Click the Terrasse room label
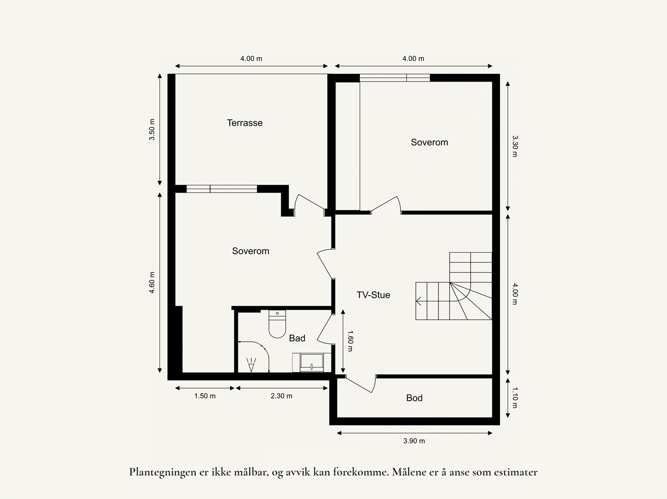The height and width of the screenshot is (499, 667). click(245, 123)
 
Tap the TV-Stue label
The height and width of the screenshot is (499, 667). click(373, 295)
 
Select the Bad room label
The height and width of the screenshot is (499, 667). click(297, 338)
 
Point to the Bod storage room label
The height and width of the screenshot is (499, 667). click(414, 398)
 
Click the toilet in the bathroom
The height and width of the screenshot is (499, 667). click(277, 324)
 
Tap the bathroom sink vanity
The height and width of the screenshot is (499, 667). click(311, 362)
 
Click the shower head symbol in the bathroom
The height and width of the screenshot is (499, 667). click(251, 365)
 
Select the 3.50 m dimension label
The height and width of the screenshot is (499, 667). click(152, 130)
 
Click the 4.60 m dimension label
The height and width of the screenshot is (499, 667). click(152, 282)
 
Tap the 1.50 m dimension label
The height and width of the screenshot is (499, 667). click(205, 396)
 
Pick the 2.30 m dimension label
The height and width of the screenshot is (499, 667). click(281, 396)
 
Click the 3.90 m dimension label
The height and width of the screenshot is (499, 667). click(414, 441)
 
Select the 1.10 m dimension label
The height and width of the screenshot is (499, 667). click(515, 398)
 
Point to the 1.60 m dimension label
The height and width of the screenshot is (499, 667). click(350, 341)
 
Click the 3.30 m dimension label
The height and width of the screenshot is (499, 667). click(515, 146)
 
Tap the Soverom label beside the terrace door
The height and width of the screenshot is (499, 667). click(251, 251)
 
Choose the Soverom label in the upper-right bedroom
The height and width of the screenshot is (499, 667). click(429, 142)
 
